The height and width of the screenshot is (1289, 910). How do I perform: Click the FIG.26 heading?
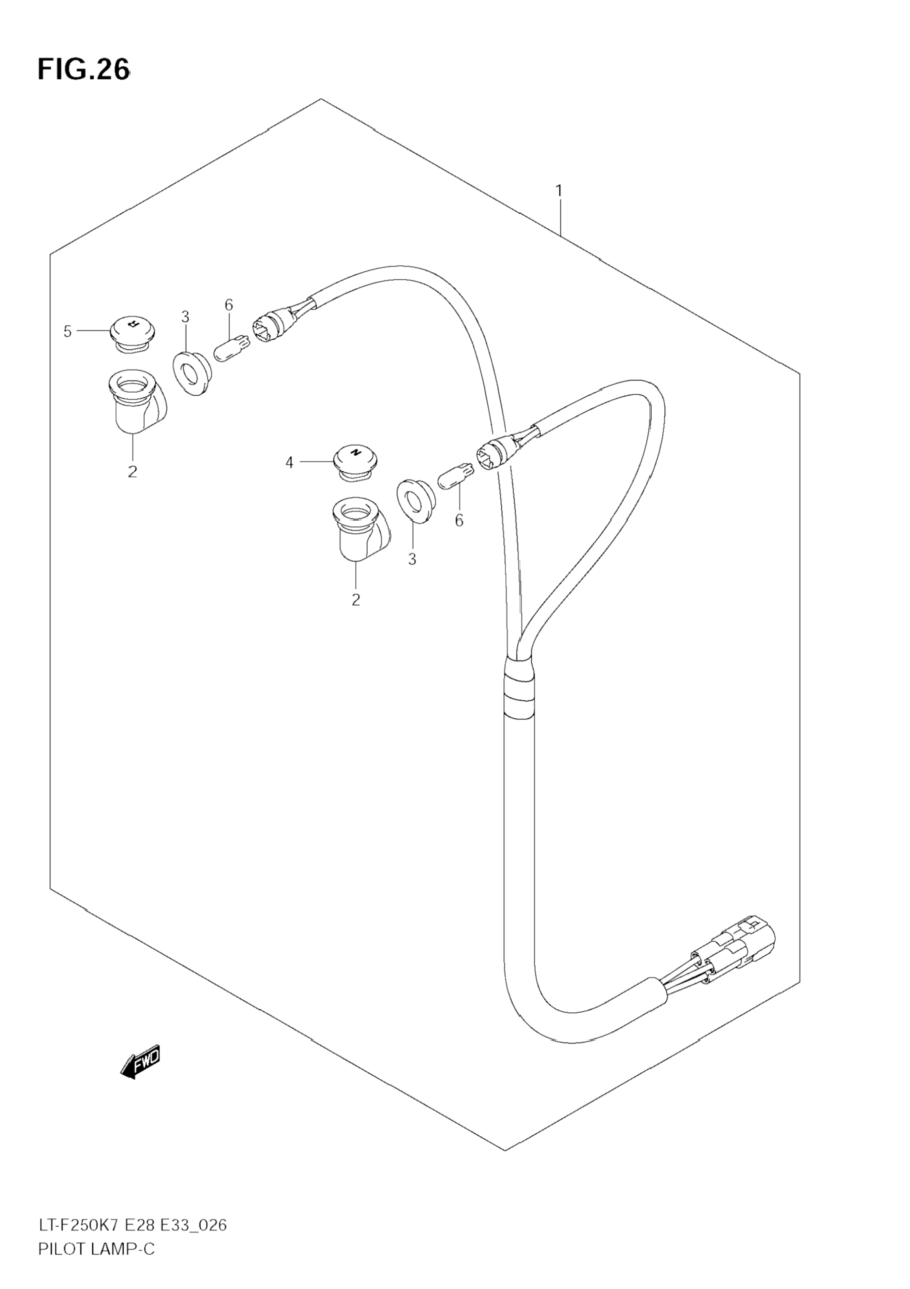click(83, 70)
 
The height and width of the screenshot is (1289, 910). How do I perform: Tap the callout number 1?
click(559, 191)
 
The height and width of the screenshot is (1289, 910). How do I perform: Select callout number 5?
click(68, 332)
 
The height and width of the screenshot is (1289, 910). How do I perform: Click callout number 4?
click(289, 463)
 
